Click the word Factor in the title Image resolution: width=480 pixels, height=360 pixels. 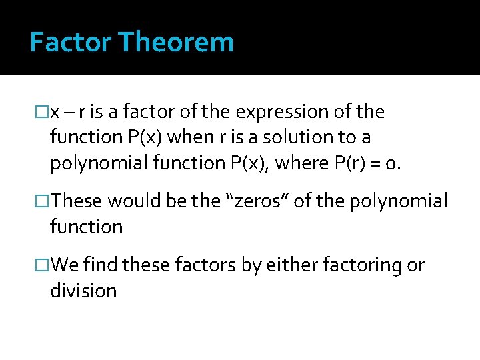71,43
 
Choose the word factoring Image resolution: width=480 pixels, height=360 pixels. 361,265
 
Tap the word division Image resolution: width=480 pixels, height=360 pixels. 83,291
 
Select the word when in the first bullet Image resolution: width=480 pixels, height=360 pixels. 189,137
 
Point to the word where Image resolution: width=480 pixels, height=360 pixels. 295,163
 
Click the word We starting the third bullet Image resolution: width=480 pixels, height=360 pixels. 65,265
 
